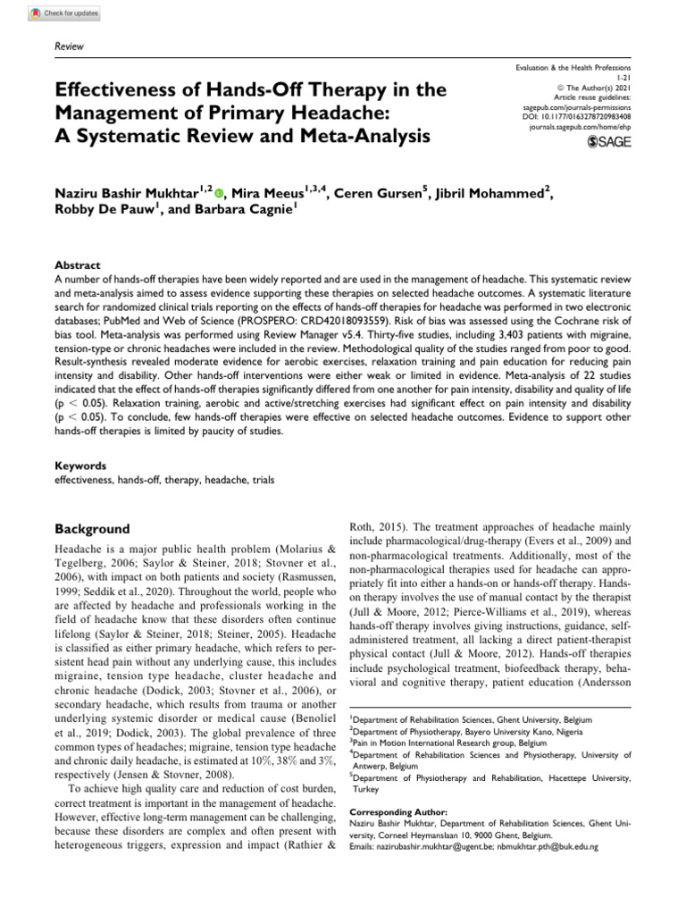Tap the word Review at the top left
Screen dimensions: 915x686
[x=69, y=45]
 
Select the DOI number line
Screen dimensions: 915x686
[x=579, y=116]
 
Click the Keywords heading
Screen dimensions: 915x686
[x=80, y=466]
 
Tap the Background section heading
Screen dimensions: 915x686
[x=92, y=529]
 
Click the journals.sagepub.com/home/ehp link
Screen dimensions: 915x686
[x=580, y=128]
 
